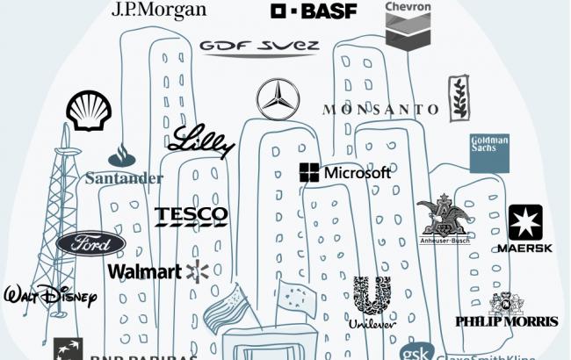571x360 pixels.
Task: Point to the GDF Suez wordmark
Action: [258, 47]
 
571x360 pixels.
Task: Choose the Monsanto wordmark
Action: [380, 110]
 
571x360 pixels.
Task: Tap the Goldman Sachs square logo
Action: [489, 154]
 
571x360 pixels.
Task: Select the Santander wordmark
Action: [125, 178]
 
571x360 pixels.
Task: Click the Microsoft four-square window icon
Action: [309, 173]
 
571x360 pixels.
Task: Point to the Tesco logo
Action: [191, 216]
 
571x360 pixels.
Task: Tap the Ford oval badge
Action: [91, 243]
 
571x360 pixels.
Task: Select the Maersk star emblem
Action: [525, 223]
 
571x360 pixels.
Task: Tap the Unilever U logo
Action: [372, 297]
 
